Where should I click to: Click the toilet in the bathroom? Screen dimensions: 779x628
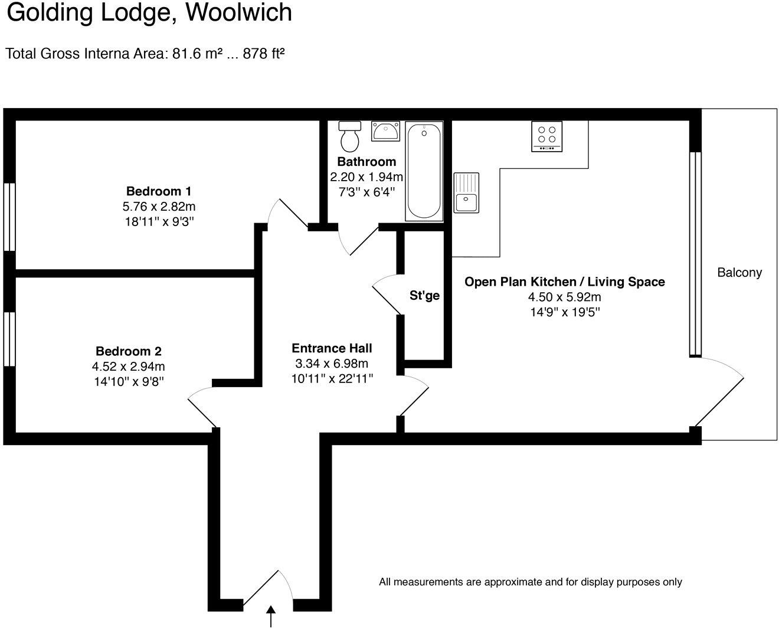coord(350,136)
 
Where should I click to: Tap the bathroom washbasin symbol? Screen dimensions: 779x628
coord(386,130)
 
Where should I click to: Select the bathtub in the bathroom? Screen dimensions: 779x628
coord(424,171)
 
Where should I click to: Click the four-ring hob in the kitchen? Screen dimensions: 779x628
coord(546,136)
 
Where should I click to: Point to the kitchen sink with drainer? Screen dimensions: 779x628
coord(466,192)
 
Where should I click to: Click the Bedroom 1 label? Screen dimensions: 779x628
coord(159,191)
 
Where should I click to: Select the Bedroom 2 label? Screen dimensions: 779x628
coord(129,351)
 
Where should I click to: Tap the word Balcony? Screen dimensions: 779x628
coord(739,273)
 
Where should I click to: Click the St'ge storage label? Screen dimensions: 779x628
coord(425,295)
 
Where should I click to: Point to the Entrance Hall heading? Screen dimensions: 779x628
coord(332,348)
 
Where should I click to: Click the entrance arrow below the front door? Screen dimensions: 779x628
coord(271,616)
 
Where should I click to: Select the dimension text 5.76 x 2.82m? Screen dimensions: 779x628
coord(159,207)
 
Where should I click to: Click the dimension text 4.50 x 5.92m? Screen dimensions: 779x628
coord(565,297)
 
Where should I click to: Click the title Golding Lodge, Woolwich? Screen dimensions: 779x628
coord(149,13)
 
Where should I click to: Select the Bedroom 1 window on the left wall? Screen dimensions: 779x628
coord(9,217)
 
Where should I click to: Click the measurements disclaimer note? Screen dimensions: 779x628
coord(530,582)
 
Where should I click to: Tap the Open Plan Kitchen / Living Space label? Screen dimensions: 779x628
coord(565,282)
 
